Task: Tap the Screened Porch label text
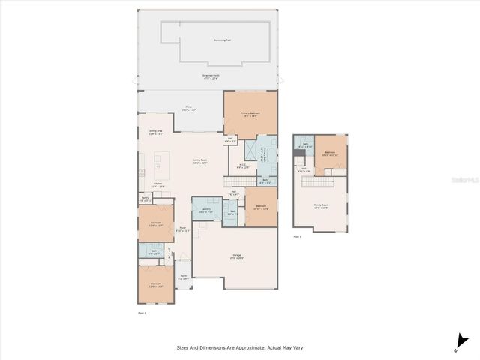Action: pyautogui.click(x=210, y=76)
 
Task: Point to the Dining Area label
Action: pyautogui.click(x=156, y=133)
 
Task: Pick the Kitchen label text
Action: pyautogui.click(x=158, y=184)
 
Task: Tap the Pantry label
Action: pyautogui.click(x=145, y=199)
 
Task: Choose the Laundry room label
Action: pyautogui.click(x=206, y=211)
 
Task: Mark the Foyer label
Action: pyautogui.click(x=182, y=229)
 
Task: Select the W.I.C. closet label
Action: pyautogui.click(x=244, y=166)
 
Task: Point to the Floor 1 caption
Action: pyautogui.click(x=142, y=311)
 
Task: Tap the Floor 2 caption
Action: pyautogui.click(x=298, y=236)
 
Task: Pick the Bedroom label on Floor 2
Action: pyautogui.click(x=331, y=153)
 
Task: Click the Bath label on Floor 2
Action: pyautogui.click(x=304, y=145)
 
